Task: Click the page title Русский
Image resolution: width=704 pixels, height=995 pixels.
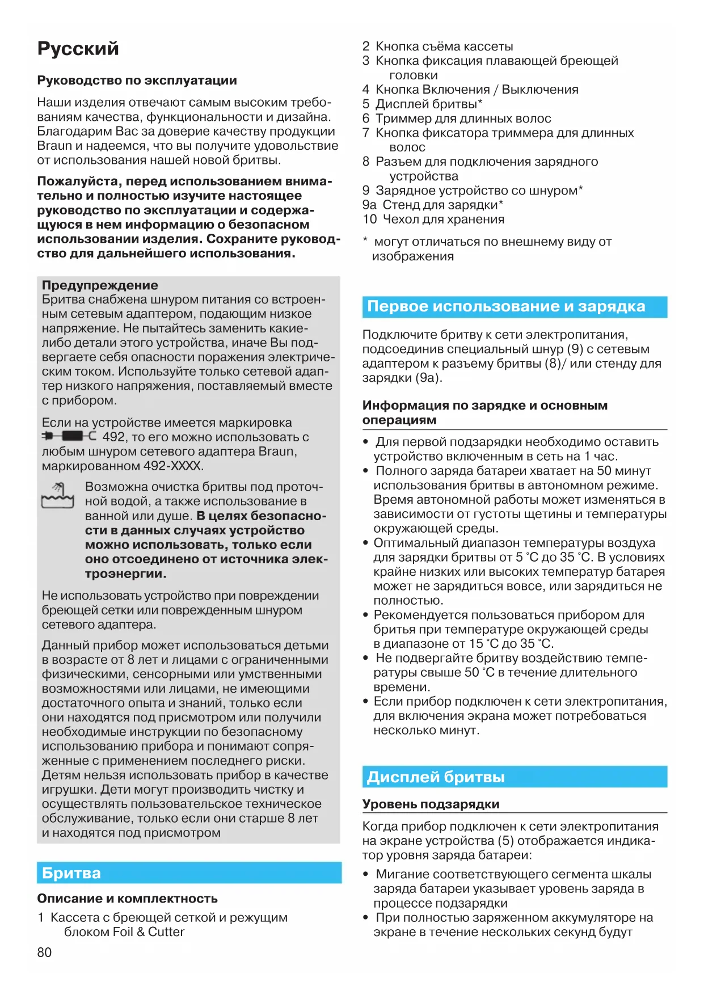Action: coord(78,49)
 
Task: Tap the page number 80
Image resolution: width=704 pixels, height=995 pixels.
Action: coord(44,952)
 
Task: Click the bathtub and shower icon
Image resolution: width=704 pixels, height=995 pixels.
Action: coord(58,495)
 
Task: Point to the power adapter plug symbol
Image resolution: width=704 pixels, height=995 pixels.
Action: coord(69,436)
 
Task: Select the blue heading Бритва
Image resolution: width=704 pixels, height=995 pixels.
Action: coord(71,873)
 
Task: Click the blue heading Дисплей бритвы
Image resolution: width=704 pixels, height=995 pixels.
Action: coord(436,777)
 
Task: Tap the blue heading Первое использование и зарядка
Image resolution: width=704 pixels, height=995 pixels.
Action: coord(506,306)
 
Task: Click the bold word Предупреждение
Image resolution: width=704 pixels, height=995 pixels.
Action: coord(100,285)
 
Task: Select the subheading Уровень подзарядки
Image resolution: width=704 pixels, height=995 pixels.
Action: coord(431,804)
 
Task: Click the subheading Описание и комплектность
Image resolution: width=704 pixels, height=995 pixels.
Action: coord(127,899)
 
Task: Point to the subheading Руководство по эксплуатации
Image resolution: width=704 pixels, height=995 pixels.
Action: coord(137,81)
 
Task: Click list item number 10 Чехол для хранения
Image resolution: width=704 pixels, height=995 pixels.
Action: coord(433,220)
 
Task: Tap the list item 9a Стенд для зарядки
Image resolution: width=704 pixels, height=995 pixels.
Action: coord(433,205)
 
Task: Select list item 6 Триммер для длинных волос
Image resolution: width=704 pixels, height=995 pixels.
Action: coord(457,119)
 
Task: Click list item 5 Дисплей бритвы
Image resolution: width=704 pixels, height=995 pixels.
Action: coord(423,104)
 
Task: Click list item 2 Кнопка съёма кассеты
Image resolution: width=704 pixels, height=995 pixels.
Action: coord(437,47)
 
